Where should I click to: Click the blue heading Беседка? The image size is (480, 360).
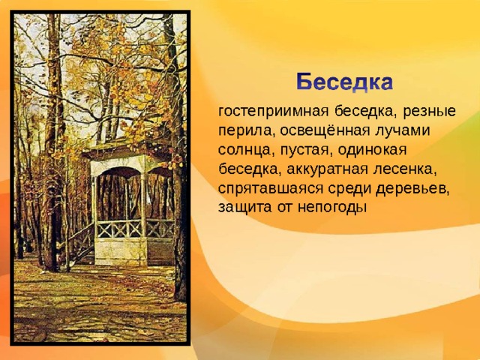point(344,82)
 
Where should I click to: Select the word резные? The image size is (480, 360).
point(429,112)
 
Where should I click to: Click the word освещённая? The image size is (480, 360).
point(325,130)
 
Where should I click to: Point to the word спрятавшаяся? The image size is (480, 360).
point(271,189)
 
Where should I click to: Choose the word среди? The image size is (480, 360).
point(349,189)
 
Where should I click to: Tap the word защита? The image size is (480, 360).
point(245,208)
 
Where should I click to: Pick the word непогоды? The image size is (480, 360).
point(332,208)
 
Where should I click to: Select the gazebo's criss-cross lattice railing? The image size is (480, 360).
point(135,229)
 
